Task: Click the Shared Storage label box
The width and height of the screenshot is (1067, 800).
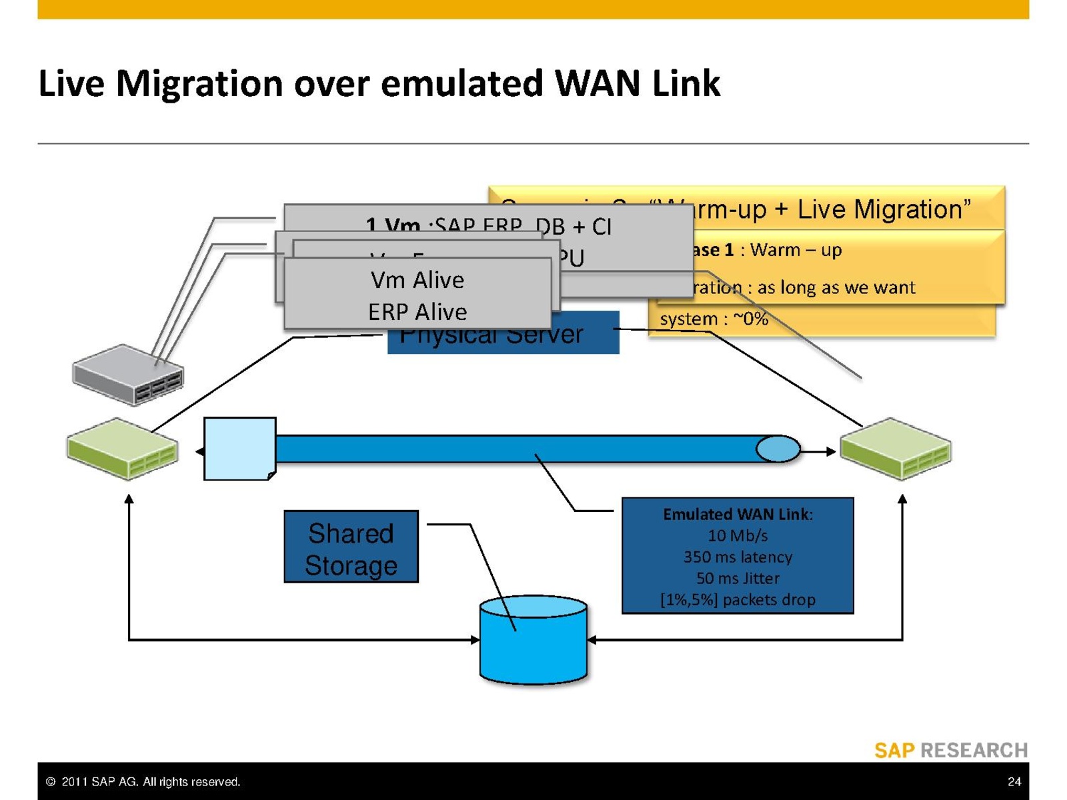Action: (x=351, y=547)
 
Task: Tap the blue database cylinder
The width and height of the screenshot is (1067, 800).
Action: (x=533, y=641)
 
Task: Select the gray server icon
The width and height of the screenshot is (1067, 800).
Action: (x=128, y=374)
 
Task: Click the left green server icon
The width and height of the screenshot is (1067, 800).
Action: (x=123, y=448)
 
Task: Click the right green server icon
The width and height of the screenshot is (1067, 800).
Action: (x=895, y=448)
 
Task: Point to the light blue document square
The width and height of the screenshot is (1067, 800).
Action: (x=239, y=449)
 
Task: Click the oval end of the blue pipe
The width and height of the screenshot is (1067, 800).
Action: (x=778, y=449)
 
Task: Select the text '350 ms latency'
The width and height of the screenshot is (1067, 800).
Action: (x=738, y=557)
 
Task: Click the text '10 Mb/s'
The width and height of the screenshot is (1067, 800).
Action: (x=738, y=535)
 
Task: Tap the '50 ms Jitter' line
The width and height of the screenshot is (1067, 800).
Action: (x=738, y=578)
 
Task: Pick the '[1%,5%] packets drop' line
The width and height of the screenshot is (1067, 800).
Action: (x=738, y=599)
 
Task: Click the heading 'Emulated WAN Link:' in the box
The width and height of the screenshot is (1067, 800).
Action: (x=738, y=514)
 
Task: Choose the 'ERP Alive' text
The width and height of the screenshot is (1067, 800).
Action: (x=417, y=312)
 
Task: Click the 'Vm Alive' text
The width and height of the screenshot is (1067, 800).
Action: (x=417, y=280)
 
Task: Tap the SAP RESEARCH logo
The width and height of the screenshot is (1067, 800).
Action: (x=951, y=751)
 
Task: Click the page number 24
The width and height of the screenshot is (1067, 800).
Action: (x=1014, y=781)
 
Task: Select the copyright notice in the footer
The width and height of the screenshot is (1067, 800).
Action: (x=143, y=781)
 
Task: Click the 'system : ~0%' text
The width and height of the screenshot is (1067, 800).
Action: (x=714, y=319)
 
